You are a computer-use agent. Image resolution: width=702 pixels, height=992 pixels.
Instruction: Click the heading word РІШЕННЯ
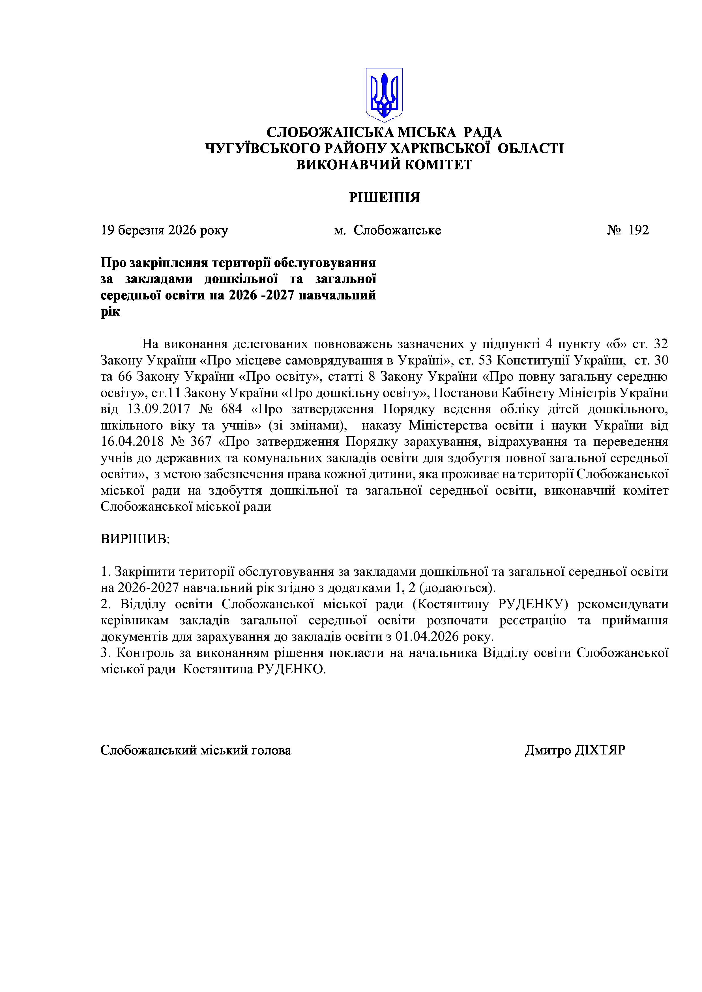tap(384, 197)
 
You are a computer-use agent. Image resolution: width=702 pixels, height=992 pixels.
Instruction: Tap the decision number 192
tap(638, 230)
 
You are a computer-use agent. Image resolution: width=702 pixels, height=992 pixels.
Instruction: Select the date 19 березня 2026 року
tap(164, 230)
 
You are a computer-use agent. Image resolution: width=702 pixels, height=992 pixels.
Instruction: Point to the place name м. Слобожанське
tap(387, 230)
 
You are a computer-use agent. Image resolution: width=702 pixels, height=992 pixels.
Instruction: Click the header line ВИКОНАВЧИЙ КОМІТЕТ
tap(384, 165)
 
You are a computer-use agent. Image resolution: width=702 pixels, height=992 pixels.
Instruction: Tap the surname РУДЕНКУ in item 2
tap(533, 604)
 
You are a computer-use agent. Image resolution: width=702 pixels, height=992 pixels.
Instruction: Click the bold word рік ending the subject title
tap(110, 312)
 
